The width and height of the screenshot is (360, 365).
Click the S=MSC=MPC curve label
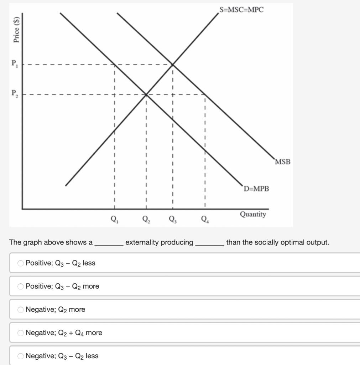[x=242, y=10]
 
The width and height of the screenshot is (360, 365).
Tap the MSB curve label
[x=283, y=162]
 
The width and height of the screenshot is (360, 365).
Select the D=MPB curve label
[x=256, y=189]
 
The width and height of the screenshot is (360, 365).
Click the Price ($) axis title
[x=16, y=30]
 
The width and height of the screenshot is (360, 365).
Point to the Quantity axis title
[x=253, y=214]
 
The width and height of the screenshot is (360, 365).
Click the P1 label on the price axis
[x=15, y=64]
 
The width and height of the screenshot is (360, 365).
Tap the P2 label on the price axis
[x=15, y=94]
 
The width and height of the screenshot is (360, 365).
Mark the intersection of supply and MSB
[x=173, y=65]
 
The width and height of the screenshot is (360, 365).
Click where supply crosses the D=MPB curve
[x=146, y=94]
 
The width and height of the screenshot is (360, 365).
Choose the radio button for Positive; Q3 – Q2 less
[x=21, y=263]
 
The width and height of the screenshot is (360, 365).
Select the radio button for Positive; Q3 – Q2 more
[x=21, y=286]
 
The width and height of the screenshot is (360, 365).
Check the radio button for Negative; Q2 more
[x=21, y=309]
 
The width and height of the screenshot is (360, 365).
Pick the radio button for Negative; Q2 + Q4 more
[x=21, y=333]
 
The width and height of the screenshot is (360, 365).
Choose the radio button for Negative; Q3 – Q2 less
[x=21, y=356]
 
